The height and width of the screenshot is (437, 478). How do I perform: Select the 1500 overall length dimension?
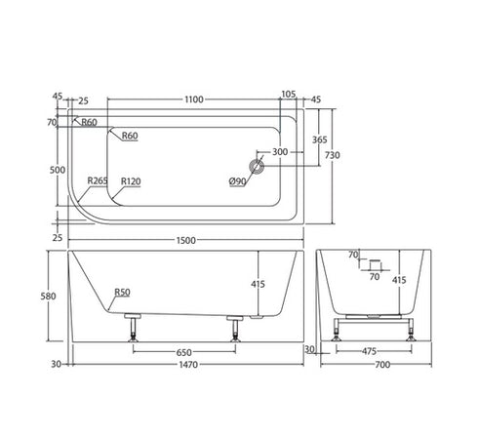[x=187, y=240]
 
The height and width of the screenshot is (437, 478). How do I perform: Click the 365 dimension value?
[x=320, y=140]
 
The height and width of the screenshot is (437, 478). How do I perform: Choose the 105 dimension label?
[x=288, y=95]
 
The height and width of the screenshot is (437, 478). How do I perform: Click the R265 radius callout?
[x=97, y=180]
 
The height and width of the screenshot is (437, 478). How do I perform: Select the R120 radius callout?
[x=131, y=180]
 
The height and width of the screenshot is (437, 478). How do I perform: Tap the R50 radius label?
[x=123, y=292]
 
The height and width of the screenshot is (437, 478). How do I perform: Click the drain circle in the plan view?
[x=259, y=167]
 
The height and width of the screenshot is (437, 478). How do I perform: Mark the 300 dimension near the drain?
[x=280, y=152]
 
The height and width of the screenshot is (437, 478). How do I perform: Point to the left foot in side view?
[x=131, y=331]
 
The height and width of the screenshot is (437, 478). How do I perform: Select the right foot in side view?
[x=234, y=331]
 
